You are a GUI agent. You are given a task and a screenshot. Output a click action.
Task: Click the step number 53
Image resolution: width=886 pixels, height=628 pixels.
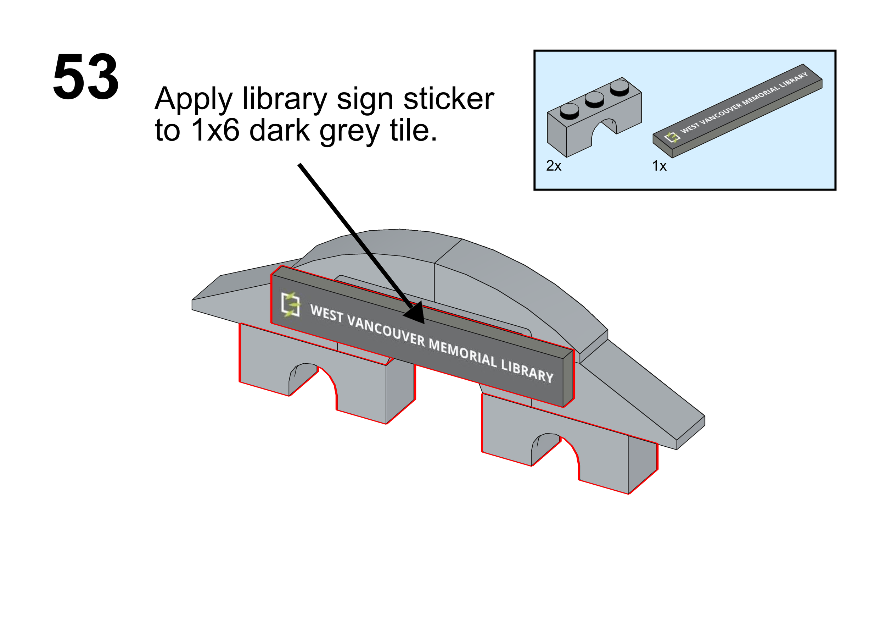pyautogui.click(x=86, y=77)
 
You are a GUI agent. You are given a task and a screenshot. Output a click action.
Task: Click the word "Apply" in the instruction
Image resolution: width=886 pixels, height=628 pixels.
pyautogui.click(x=193, y=99)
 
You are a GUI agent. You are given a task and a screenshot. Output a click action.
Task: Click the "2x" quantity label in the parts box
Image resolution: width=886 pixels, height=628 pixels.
pyautogui.click(x=554, y=166)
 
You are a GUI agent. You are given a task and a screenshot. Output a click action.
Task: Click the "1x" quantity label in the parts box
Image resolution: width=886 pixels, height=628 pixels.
pyautogui.click(x=659, y=166)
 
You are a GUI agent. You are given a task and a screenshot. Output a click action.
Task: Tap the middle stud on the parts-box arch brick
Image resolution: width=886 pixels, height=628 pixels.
pyautogui.click(x=594, y=99)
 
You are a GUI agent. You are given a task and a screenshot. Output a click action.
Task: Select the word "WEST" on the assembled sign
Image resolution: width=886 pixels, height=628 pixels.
pyautogui.click(x=327, y=313)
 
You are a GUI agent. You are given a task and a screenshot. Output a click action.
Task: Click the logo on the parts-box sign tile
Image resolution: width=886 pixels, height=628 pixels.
pyautogui.click(x=672, y=137)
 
